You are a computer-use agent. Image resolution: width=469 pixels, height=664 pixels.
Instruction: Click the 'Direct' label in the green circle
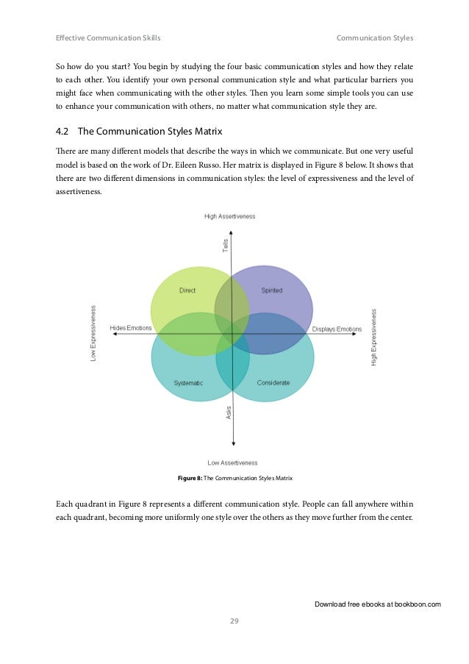click(187, 290)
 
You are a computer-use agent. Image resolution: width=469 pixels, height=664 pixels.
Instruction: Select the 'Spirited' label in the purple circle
click(271, 290)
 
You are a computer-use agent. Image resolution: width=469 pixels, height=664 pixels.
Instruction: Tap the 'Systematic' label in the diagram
click(187, 383)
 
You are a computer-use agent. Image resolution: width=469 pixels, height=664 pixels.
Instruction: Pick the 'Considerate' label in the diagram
click(273, 383)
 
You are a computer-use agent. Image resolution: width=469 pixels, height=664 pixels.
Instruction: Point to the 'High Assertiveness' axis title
click(230, 216)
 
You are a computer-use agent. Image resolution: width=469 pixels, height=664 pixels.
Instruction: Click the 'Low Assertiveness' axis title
click(232, 463)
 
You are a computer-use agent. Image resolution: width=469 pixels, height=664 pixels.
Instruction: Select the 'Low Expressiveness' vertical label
click(93, 334)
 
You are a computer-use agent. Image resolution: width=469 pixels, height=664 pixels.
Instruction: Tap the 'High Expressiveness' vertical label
click(374, 337)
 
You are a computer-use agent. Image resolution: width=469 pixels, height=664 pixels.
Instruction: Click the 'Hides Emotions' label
click(131, 328)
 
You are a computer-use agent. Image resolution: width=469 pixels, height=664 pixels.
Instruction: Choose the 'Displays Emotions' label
click(337, 329)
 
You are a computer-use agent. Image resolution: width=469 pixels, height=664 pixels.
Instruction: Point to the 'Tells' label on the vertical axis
click(226, 246)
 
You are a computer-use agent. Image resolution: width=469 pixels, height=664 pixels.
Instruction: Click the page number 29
click(234, 621)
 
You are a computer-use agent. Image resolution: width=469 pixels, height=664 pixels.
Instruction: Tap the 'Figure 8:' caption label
click(190, 479)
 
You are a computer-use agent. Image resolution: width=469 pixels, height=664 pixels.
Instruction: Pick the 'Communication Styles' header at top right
click(375, 38)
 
